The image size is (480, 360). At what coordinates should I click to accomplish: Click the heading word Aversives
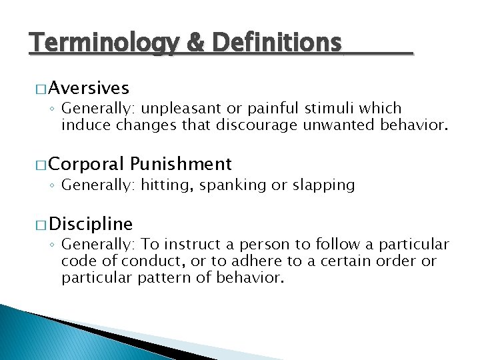pyautogui.click(x=89, y=88)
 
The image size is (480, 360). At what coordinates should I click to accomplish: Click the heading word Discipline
pyautogui.click(x=91, y=223)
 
